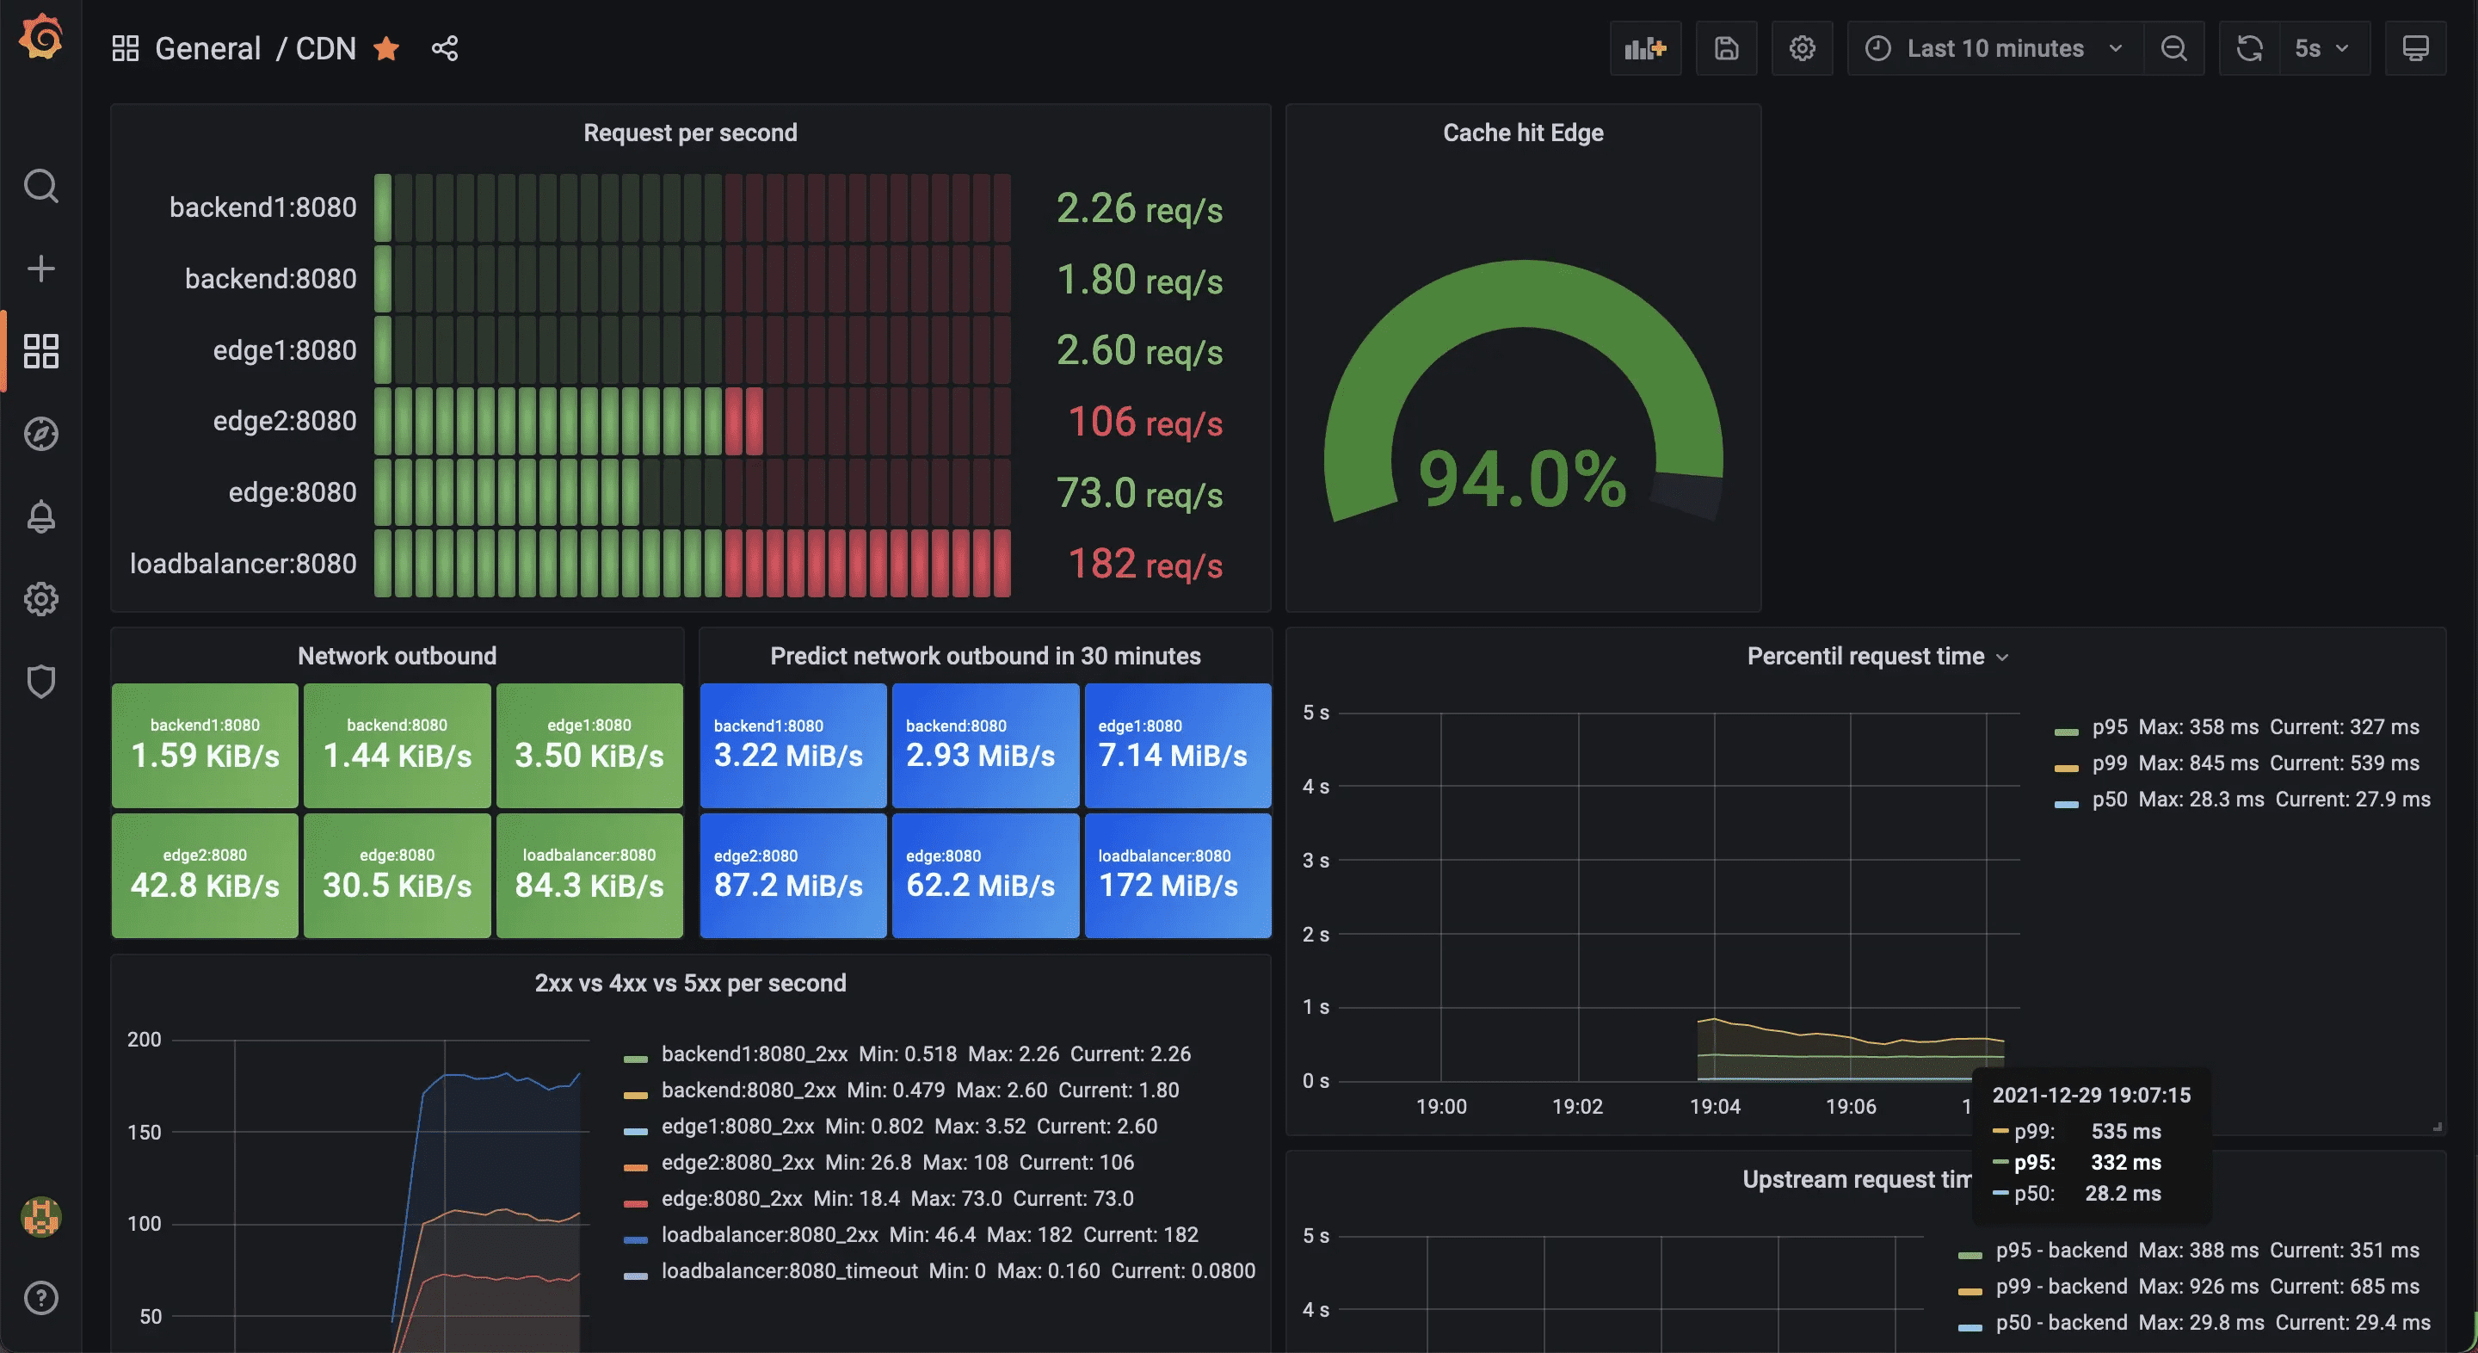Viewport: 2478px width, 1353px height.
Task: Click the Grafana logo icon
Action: click(41, 38)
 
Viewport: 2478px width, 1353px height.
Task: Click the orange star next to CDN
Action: click(386, 48)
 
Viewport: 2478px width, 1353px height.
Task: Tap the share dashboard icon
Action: click(445, 48)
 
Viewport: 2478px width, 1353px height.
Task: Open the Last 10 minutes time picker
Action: click(1994, 48)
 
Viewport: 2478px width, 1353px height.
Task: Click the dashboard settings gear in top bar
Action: click(1802, 48)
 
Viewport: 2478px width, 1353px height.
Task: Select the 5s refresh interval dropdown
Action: click(2321, 48)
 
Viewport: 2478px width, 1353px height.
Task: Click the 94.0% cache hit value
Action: click(1522, 479)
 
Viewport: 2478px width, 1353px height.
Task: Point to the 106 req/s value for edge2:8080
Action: click(1143, 422)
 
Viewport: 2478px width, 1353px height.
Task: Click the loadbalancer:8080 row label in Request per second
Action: click(243, 563)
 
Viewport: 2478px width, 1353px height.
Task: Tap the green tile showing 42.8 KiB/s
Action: click(205, 874)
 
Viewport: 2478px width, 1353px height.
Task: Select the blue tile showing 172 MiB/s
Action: click(1177, 874)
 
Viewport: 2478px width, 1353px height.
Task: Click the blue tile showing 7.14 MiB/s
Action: click(1177, 744)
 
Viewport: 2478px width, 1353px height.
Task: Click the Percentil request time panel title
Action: click(1865, 657)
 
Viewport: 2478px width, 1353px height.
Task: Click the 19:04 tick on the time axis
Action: click(1714, 1107)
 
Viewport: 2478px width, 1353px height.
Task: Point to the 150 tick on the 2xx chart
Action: click(145, 1132)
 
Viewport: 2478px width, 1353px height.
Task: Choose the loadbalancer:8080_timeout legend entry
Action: click(789, 1270)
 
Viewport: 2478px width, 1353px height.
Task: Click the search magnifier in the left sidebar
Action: click(41, 186)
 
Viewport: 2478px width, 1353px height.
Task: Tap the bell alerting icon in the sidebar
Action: click(41, 516)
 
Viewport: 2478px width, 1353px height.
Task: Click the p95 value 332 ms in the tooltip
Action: click(2125, 1163)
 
